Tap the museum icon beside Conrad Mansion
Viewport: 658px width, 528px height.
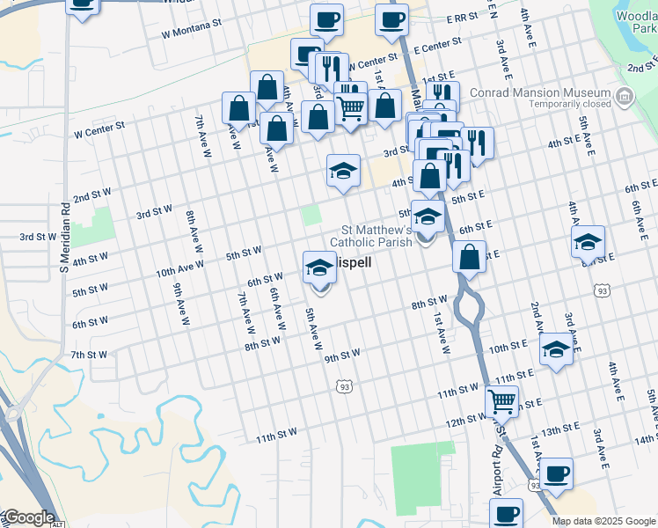point(625,94)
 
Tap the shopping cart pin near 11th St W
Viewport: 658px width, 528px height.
point(501,401)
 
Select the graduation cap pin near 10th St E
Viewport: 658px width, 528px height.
point(556,349)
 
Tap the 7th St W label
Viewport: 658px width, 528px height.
point(89,355)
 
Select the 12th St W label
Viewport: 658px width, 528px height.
point(466,422)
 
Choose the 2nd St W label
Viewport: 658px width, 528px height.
point(91,193)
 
